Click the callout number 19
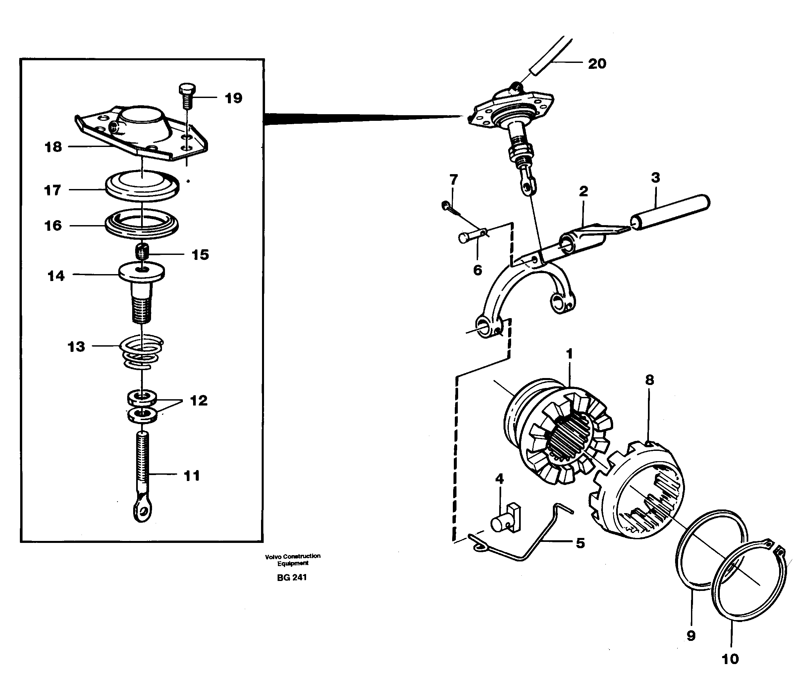coord(233,98)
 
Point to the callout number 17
coord(52,190)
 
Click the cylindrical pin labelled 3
coord(670,213)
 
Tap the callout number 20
coord(597,63)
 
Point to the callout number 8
coord(649,380)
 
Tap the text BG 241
coord(292,577)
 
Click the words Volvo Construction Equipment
coord(293,559)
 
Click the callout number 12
coord(198,400)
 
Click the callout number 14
coord(56,275)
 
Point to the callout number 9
coord(691,636)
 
